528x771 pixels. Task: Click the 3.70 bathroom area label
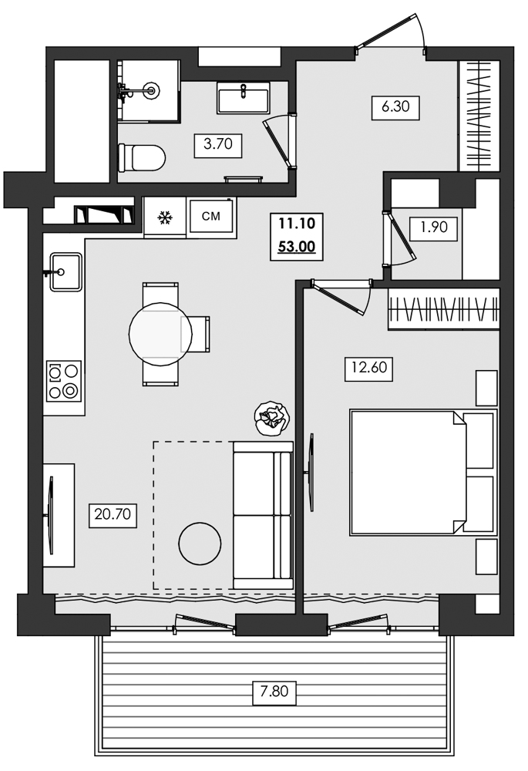[218, 143]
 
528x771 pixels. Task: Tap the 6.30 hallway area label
[395, 106]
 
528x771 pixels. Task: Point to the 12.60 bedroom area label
[368, 369]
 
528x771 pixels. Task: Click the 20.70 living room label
[113, 513]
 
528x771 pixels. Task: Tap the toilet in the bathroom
[142, 158]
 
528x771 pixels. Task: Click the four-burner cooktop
[63, 381]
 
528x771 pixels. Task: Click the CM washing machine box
[210, 217]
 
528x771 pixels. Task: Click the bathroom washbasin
[243, 99]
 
